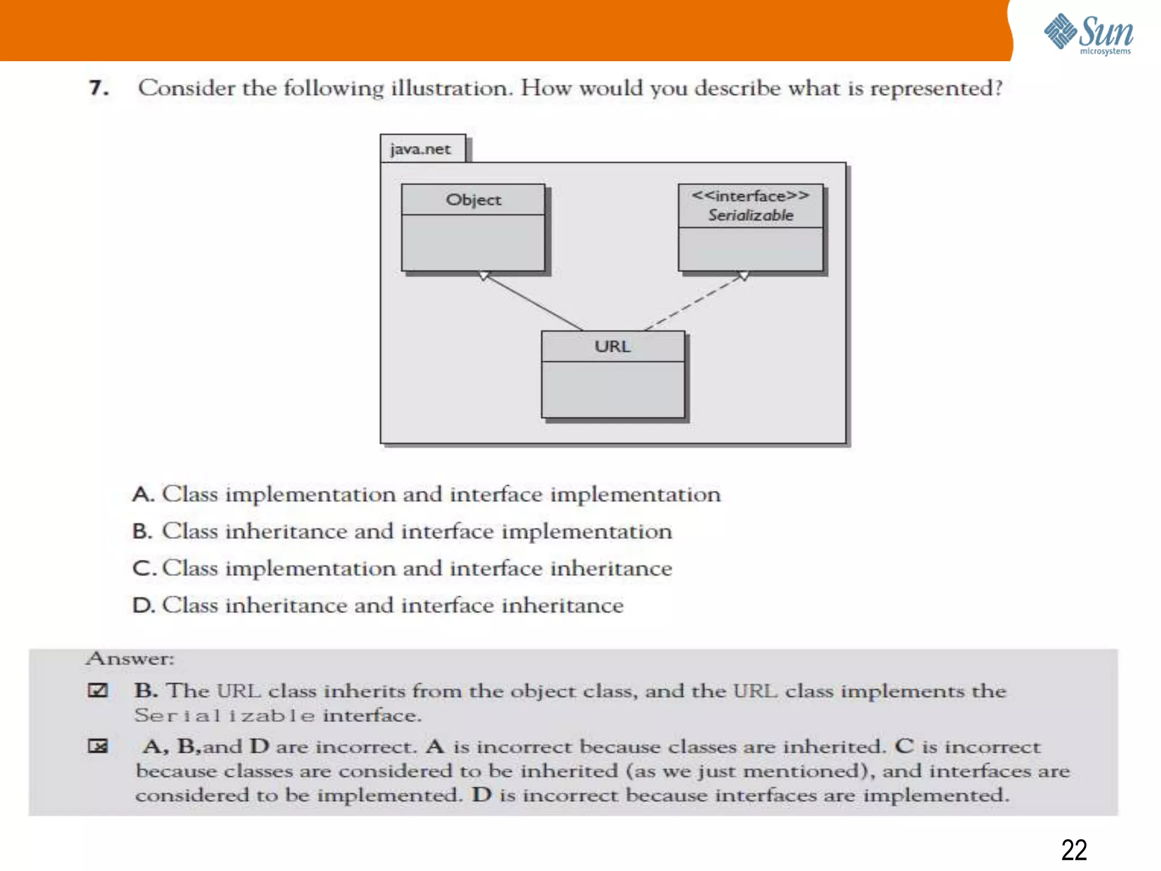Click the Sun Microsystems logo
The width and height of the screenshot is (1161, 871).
click(x=1088, y=34)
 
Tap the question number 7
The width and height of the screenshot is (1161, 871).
click(x=98, y=88)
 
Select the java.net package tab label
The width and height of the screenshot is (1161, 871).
click(x=421, y=149)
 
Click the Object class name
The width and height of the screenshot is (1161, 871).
click(x=473, y=200)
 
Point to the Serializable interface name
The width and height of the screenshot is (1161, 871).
click(x=751, y=215)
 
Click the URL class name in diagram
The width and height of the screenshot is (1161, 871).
click(x=612, y=346)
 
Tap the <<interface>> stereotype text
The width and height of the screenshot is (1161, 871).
click(x=750, y=196)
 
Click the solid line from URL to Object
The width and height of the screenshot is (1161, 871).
click(x=533, y=302)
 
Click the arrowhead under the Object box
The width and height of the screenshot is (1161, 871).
click(x=484, y=276)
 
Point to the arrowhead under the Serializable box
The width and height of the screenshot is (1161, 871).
click(x=743, y=276)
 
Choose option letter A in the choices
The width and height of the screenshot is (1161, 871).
click(x=142, y=494)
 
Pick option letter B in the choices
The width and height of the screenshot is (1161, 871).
click(x=142, y=531)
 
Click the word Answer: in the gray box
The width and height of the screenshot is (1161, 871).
click(x=130, y=658)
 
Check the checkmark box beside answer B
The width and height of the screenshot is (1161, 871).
click(x=98, y=690)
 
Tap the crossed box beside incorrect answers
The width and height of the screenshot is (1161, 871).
click(x=98, y=746)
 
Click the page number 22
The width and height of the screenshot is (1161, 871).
click(x=1074, y=850)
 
